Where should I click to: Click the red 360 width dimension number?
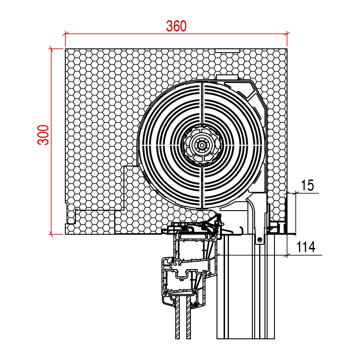coord(176,26)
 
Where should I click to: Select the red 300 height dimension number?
coord(43,135)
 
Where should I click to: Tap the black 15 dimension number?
coord(307,185)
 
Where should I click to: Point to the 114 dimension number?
coord(306,247)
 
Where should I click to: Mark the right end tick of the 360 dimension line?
coord(287,34)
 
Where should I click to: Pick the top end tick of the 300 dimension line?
coord(51,49)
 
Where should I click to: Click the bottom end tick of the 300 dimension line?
coord(51,234)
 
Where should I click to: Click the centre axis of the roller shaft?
coord(202,145)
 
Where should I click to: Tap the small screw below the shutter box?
coord(260,240)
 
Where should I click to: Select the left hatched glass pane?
coord(177,317)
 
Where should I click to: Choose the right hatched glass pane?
coord(189,317)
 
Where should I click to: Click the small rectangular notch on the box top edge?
coord(227,50)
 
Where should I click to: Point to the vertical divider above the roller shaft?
coord(202,103)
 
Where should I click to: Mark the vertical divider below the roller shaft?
coord(202,187)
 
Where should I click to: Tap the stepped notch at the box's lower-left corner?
coord(71,216)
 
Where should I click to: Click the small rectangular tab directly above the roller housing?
coord(227,77)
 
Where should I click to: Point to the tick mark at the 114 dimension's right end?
coord(287,255)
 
